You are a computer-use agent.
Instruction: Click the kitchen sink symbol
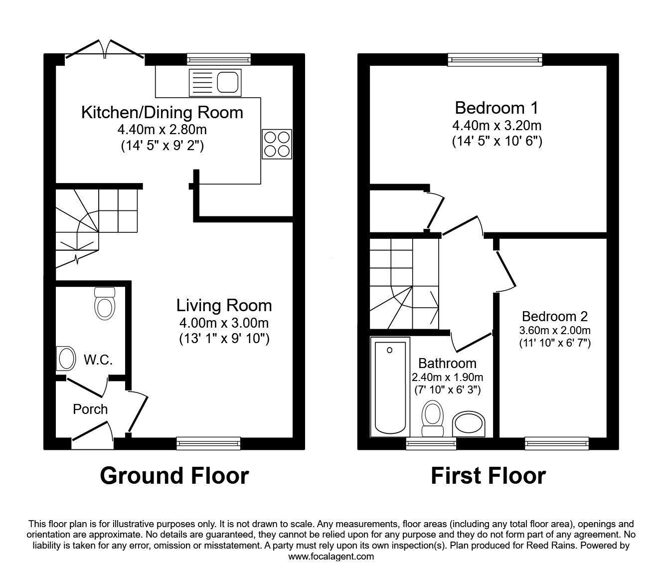[215, 83]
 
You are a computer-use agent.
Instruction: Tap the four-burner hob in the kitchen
[276, 144]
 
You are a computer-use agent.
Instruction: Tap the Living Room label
[224, 305]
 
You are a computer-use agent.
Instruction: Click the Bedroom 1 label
[496, 108]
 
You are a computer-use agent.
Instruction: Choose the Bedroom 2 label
[554, 316]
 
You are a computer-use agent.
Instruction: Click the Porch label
[90, 409]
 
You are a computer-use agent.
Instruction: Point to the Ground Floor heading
[174, 475]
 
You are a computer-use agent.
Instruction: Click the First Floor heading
[488, 475]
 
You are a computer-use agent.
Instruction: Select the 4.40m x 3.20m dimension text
[496, 125]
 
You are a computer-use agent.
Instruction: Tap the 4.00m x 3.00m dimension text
[224, 323]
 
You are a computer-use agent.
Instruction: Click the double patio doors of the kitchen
[105, 50]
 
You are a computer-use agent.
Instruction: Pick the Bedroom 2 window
[557, 441]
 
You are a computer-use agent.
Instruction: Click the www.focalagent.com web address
[331, 557]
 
